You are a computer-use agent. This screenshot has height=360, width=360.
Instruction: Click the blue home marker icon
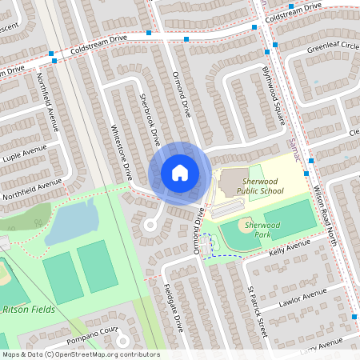pos(180,173)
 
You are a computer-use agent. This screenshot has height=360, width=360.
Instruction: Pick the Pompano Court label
pos(93,330)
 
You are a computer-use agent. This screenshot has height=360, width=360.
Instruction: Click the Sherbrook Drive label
pos(151,121)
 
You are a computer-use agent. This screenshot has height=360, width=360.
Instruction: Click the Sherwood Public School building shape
pos(232,181)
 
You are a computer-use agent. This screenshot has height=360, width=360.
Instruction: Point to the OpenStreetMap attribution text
pos(80,354)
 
